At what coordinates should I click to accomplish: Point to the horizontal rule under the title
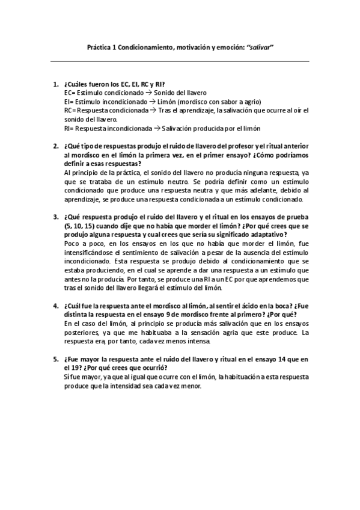click(180, 61)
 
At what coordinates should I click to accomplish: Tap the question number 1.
click(55, 85)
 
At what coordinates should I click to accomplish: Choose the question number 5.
click(55, 358)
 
